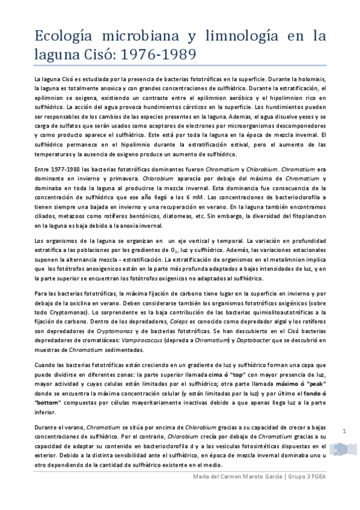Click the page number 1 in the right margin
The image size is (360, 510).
[345, 431]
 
